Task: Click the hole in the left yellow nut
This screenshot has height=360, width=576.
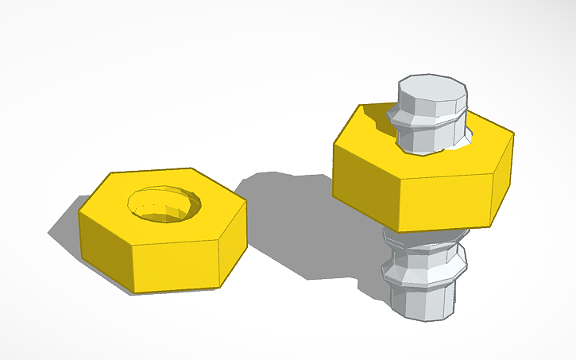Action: coord(165,203)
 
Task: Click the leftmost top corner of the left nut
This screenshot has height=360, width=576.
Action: coord(79,212)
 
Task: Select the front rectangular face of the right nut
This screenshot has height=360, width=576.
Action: coord(445,199)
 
